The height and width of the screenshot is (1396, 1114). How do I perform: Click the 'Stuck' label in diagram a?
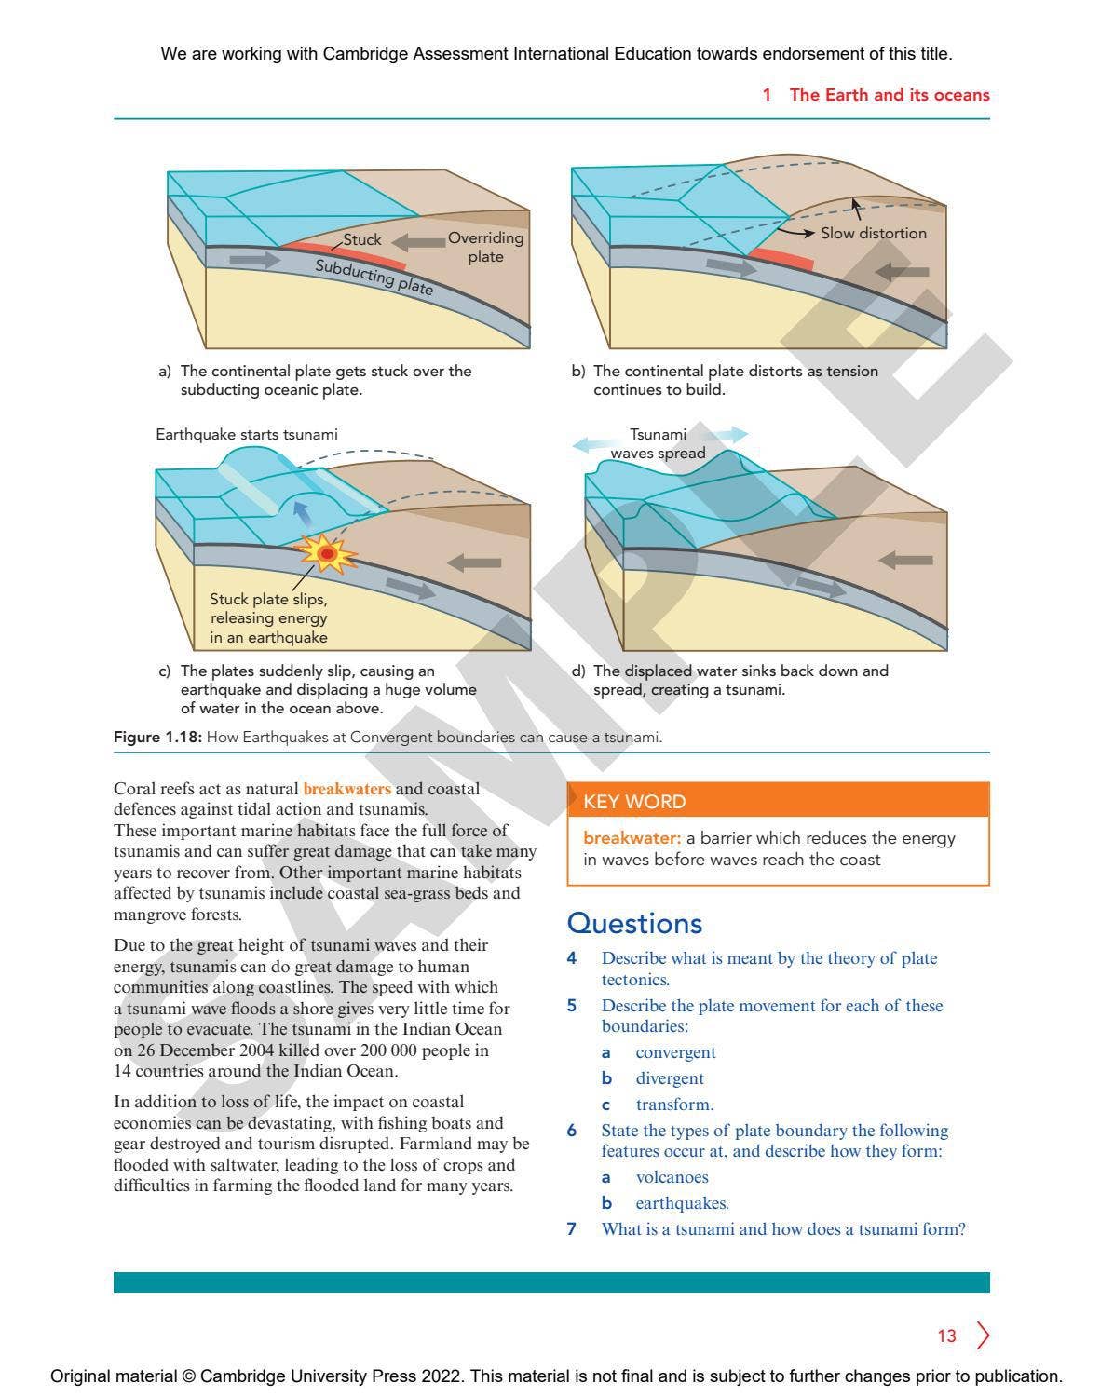[x=361, y=239]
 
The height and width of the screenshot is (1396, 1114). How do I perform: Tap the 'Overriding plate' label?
[x=485, y=247]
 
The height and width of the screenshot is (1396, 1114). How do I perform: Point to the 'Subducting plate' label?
[x=374, y=277]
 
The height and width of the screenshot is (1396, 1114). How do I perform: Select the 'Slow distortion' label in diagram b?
[x=873, y=233]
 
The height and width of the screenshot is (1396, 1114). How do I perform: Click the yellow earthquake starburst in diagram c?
[x=327, y=554]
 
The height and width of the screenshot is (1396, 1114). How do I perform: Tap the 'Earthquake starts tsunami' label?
[x=246, y=434]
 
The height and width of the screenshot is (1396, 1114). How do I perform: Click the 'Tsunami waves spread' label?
[x=658, y=444]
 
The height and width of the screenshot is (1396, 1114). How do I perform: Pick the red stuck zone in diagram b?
[x=781, y=259]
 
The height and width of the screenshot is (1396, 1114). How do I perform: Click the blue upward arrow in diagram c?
[x=301, y=511]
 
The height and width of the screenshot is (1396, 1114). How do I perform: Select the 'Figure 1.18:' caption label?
[x=157, y=737]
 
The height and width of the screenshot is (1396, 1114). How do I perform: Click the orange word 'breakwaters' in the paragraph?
[x=346, y=789]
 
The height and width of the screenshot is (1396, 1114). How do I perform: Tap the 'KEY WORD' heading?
[x=634, y=801]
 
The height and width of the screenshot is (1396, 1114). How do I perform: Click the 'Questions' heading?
[x=634, y=923]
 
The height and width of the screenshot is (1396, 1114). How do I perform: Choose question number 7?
[x=572, y=1228]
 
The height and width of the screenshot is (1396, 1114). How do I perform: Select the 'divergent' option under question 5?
[x=670, y=1077]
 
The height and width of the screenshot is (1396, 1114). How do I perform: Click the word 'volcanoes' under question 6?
[x=672, y=1176]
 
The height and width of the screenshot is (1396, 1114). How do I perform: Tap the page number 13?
[x=946, y=1335]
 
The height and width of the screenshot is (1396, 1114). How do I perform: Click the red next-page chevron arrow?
[x=983, y=1335]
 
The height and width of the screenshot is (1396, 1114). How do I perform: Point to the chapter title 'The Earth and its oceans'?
[x=889, y=95]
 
